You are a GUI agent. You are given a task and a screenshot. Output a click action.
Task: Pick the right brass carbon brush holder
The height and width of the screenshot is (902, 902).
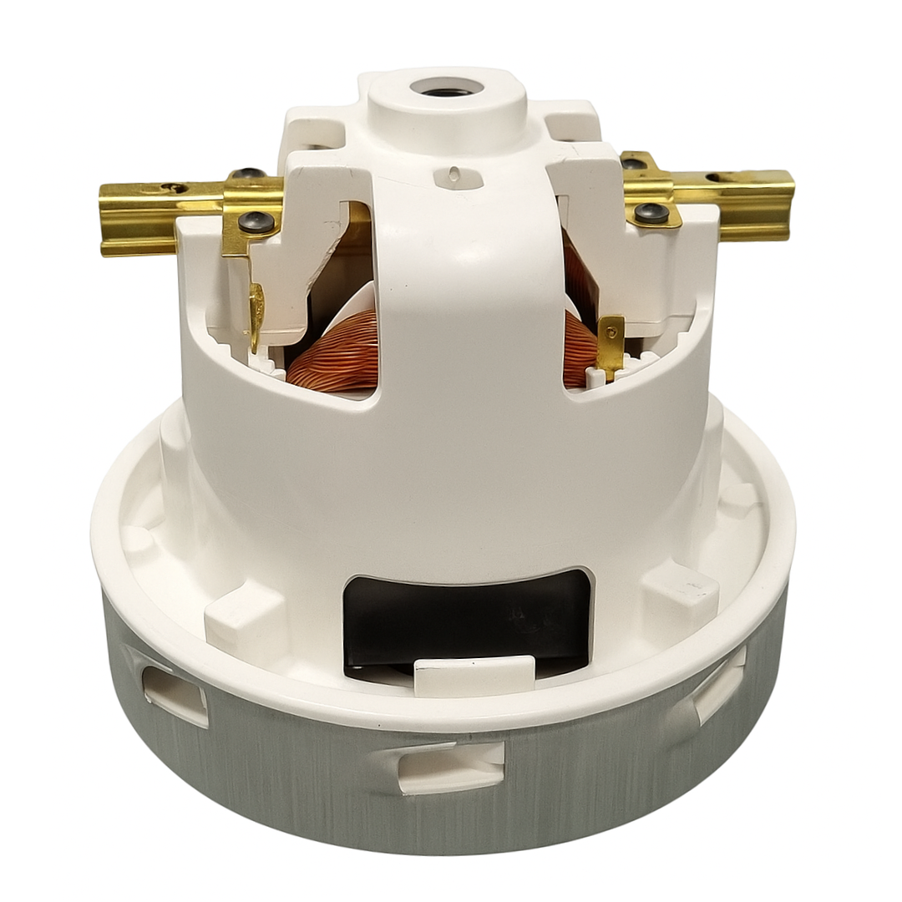coord(743,201)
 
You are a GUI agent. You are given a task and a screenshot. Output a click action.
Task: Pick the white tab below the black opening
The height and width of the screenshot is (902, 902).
coord(474,675)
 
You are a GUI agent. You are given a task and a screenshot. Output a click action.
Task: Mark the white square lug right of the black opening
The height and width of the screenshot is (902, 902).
coord(681,595)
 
